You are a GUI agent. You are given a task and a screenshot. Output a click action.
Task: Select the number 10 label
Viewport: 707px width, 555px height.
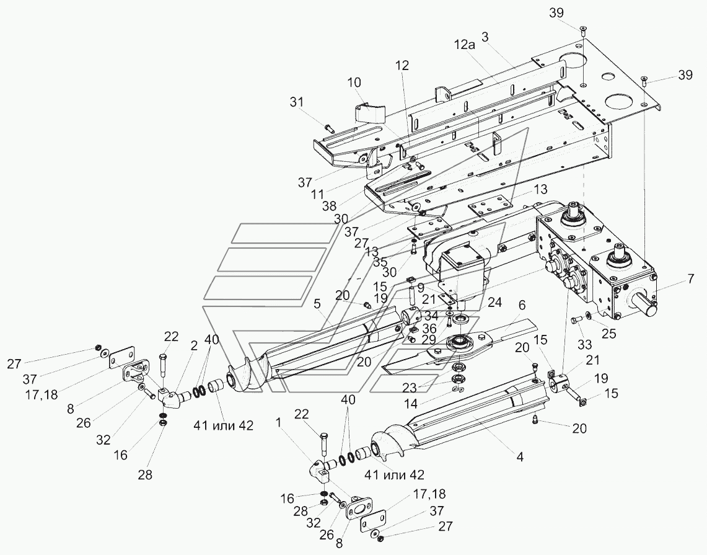tap(354, 82)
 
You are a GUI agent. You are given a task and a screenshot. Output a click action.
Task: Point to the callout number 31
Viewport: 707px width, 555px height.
tap(297, 102)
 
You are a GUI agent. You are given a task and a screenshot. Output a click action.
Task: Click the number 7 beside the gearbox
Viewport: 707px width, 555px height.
tap(691, 279)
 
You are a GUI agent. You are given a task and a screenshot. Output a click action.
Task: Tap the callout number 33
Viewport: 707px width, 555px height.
tap(585, 345)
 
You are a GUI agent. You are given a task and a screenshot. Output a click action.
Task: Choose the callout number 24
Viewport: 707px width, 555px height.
tap(494, 303)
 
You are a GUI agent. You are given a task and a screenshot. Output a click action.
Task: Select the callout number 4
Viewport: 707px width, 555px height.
tap(520, 457)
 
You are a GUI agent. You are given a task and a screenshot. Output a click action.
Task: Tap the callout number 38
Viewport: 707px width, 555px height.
tap(329, 206)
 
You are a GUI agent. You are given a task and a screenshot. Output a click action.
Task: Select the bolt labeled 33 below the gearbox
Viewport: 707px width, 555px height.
tap(574, 320)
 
